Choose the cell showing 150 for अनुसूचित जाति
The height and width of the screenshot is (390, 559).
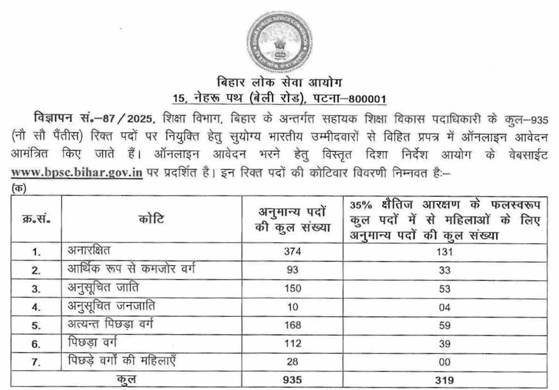(x=292, y=287)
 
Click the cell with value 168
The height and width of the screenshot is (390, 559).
(x=292, y=325)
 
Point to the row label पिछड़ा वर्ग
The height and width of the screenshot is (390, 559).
(x=96, y=342)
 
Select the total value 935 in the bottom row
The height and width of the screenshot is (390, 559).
(x=292, y=379)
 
